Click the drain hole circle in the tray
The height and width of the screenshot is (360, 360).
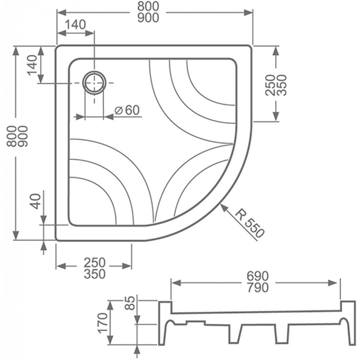(x=94, y=82)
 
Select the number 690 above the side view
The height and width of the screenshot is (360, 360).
(x=257, y=276)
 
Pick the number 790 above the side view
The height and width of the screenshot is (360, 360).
(x=257, y=288)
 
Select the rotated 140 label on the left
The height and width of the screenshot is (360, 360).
(x=32, y=65)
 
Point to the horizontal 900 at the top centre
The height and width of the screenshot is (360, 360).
(x=148, y=18)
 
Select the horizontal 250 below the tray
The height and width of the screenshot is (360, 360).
(x=94, y=262)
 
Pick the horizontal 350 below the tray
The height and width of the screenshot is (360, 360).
(x=94, y=274)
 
